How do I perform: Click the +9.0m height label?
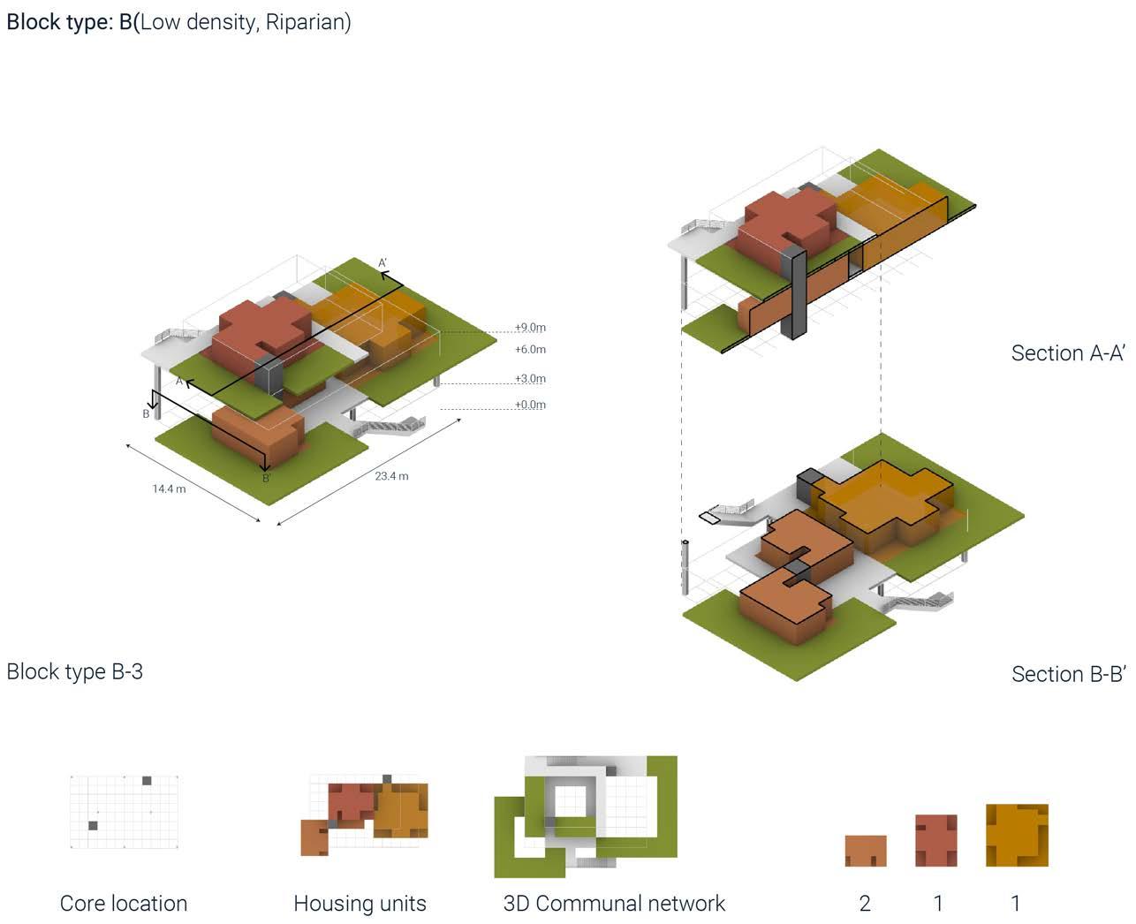pos(530,328)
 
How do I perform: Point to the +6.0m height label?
pos(530,350)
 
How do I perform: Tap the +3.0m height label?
pos(530,379)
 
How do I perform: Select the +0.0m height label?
pos(530,405)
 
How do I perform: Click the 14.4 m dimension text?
pos(169,489)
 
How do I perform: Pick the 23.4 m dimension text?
pos(391,476)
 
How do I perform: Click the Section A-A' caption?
pos(1067,353)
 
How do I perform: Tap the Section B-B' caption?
pos(1067,674)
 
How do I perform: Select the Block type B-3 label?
pos(74,671)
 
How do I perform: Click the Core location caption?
pos(124,904)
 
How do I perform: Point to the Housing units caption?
pos(360,904)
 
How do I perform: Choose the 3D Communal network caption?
pos(614,904)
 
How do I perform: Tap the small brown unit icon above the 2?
pos(866,851)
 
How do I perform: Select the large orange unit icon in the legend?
pos(1017,835)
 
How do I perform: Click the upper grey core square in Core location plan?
pos(147,781)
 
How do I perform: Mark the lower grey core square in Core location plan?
pos(93,826)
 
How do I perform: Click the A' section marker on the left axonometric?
pos(383,263)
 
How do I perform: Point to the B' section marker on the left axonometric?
pos(267,479)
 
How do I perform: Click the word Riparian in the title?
pos(306,21)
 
